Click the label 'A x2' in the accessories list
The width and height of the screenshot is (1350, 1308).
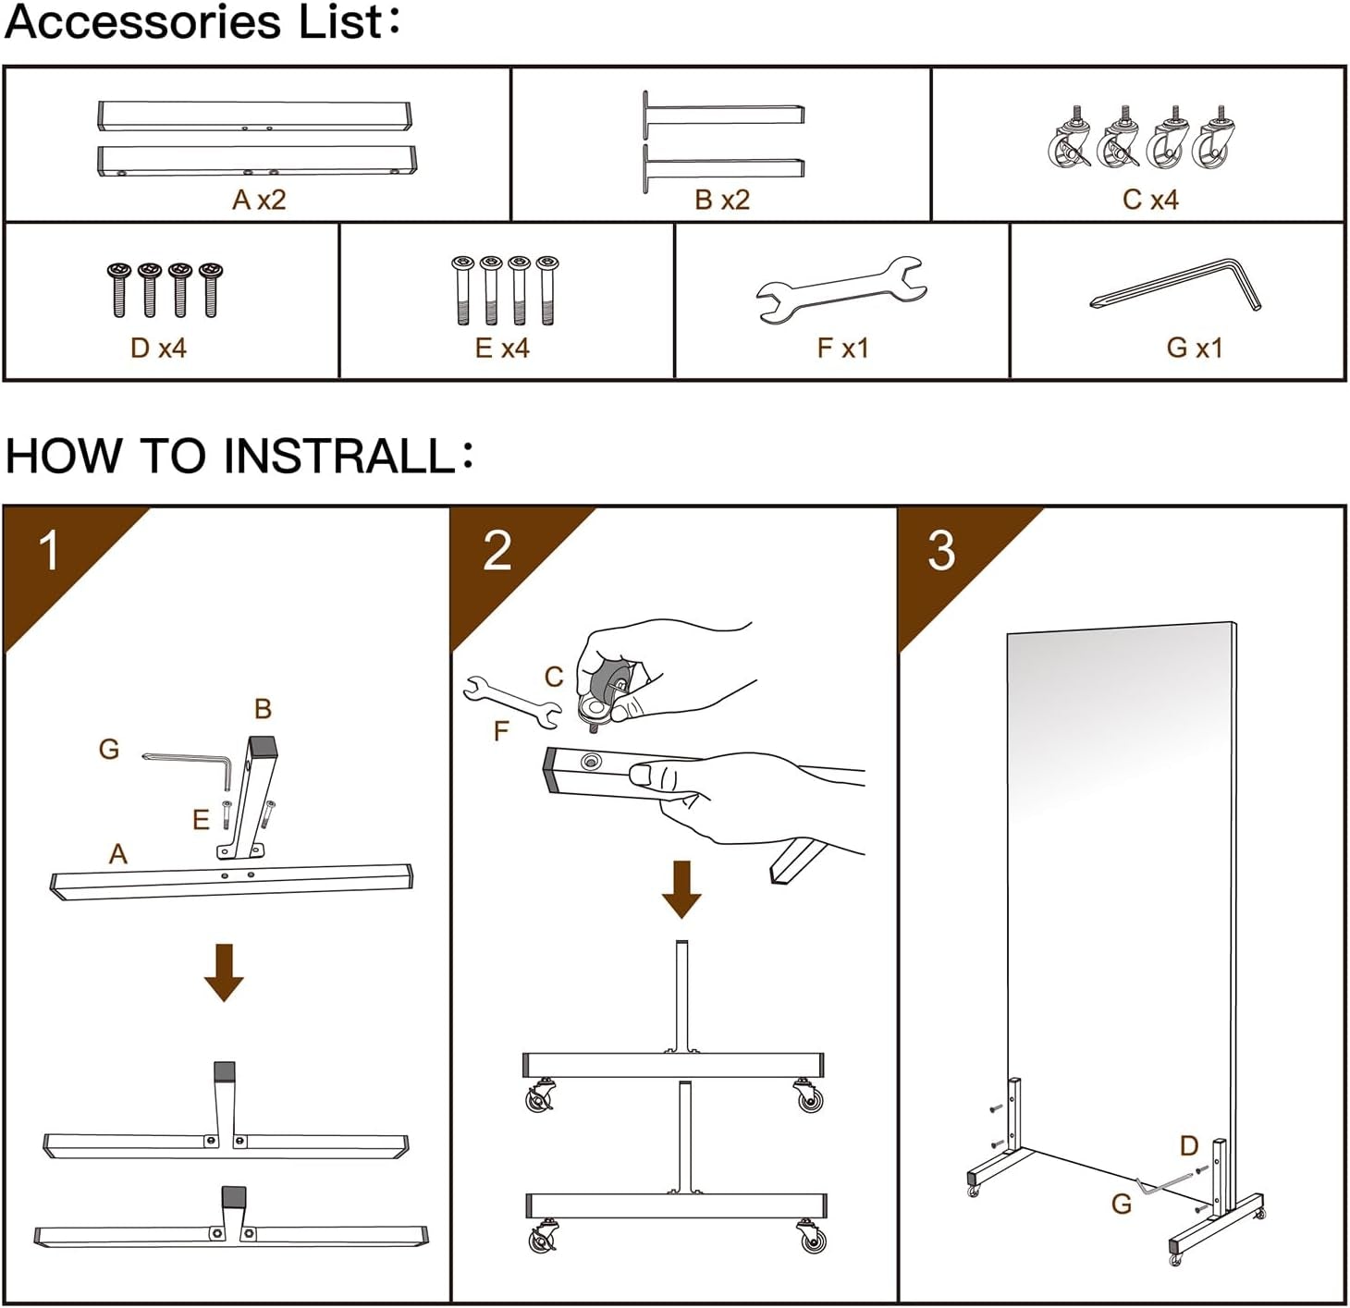[259, 200]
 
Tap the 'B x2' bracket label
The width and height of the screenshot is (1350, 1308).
[722, 200]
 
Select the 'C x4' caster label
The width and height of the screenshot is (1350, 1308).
[1150, 200]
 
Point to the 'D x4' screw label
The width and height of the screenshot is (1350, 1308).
[158, 348]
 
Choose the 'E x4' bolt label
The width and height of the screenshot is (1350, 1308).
[502, 348]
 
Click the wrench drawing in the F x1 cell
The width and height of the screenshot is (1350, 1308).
[841, 288]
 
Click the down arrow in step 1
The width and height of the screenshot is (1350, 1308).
[224, 972]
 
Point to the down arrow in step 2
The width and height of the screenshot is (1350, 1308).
[682, 889]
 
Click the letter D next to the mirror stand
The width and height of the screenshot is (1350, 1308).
[1189, 1146]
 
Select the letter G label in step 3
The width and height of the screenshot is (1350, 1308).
[1122, 1204]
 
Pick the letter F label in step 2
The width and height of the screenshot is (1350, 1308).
[501, 732]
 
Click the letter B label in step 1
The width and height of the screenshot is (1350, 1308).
[263, 709]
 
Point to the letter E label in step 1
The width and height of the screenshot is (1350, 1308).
[201, 819]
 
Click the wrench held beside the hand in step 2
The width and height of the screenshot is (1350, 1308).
[511, 700]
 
